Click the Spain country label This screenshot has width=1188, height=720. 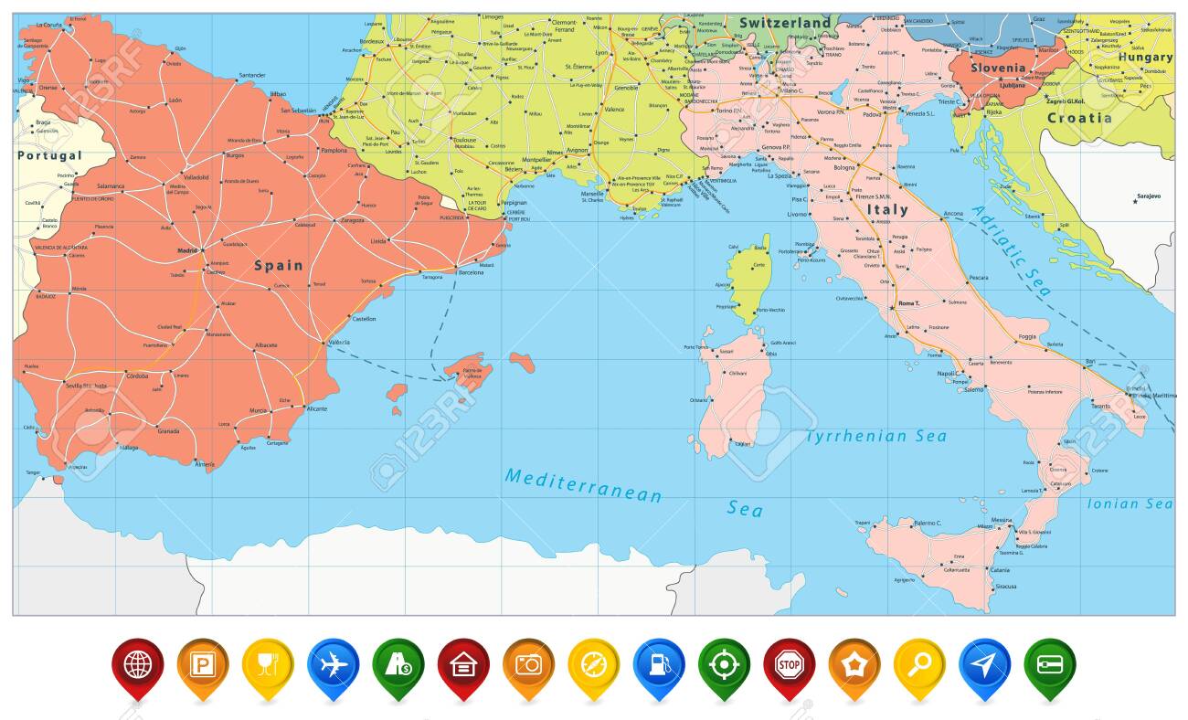tap(278, 266)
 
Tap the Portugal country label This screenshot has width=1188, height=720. tap(48, 155)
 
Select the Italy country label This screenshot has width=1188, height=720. tap(886, 209)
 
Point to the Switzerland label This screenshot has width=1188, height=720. tap(785, 23)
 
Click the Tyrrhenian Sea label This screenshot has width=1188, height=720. tap(875, 437)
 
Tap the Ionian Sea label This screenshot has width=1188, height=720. tap(1130, 503)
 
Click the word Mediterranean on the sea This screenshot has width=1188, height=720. tap(583, 484)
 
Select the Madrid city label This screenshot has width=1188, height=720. tap(187, 250)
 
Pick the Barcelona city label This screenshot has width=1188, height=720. tap(472, 272)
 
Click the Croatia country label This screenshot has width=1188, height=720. tap(1079, 118)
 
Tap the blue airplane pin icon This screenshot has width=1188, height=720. tap(333, 663)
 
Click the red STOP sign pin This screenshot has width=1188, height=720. tap(788, 663)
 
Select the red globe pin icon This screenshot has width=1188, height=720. tap(137, 663)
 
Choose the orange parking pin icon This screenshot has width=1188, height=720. tap(202, 663)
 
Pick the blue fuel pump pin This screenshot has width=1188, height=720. tap(658, 663)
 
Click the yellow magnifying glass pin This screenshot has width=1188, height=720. tap(918, 663)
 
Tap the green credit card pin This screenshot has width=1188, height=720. tap(1048, 663)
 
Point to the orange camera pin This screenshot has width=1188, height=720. tap(527, 663)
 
